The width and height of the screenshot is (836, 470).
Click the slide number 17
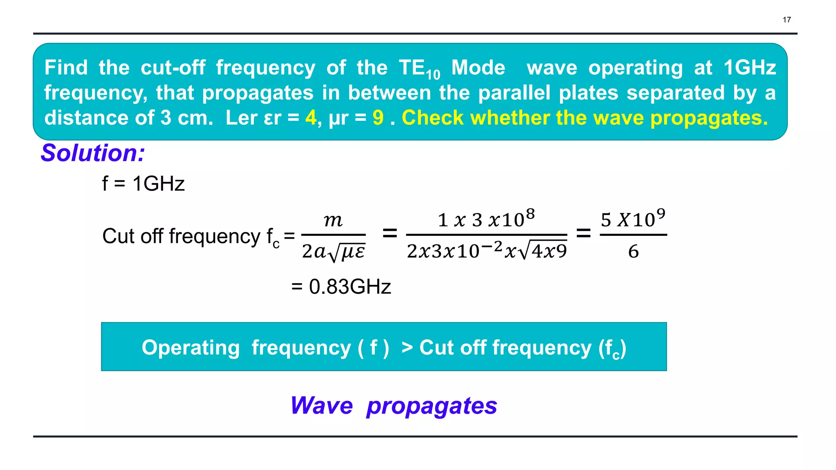(787, 20)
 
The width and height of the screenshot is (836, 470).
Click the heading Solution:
(93, 153)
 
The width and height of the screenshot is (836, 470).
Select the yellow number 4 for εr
(311, 118)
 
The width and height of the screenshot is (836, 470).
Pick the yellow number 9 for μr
(378, 118)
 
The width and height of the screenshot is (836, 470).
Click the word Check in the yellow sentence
(433, 118)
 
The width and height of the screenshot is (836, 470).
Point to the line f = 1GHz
(143, 184)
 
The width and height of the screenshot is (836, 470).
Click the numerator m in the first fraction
(333, 220)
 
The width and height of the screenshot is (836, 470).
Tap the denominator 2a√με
(334, 251)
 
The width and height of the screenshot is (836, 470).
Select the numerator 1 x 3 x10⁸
(486, 219)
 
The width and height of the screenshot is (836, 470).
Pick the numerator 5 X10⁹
(633, 219)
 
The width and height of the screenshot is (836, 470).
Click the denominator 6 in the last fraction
(633, 251)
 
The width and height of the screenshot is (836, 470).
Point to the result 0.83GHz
(350, 286)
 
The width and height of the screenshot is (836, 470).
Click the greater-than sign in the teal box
(407, 348)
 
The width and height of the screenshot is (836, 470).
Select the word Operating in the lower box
(191, 348)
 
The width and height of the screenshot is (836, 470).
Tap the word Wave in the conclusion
(322, 406)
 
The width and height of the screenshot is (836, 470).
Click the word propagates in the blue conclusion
(432, 406)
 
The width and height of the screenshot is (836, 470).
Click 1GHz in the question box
(749, 68)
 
